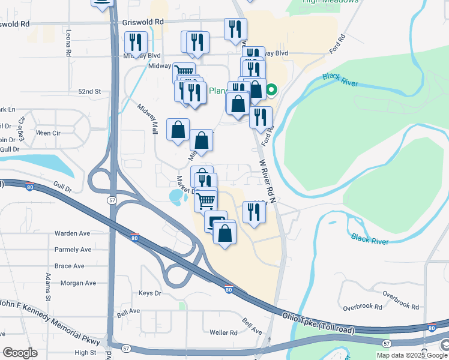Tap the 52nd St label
(x=90, y=91)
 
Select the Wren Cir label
(x=49, y=133)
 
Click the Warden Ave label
(x=72, y=233)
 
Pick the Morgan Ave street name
(x=78, y=283)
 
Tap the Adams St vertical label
(x=47, y=286)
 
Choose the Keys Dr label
(x=150, y=293)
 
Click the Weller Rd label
(x=224, y=332)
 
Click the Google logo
(x=20, y=353)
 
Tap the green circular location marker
(x=271, y=91)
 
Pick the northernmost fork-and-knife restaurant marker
(x=235, y=28)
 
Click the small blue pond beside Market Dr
(x=176, y=196)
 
